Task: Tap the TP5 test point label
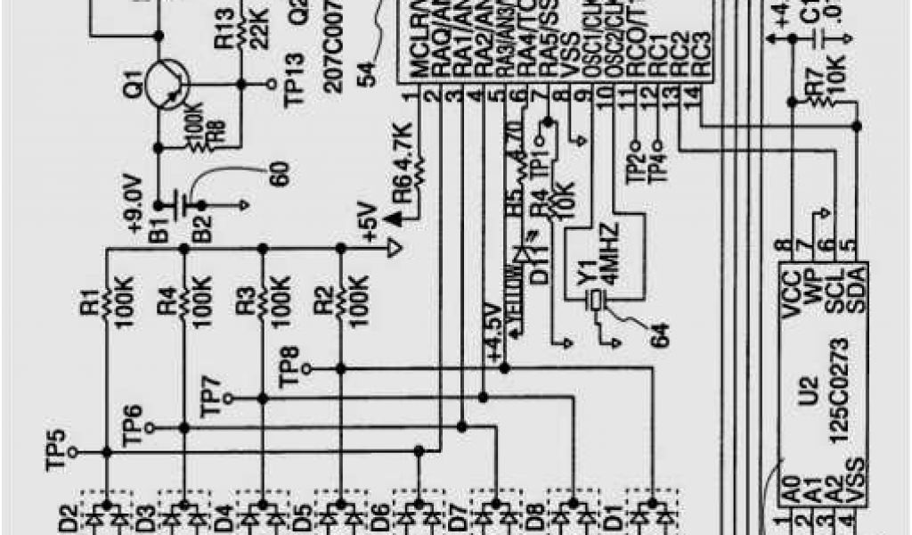point(57,451)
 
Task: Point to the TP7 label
point(211,396)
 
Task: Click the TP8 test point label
point(289,366)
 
